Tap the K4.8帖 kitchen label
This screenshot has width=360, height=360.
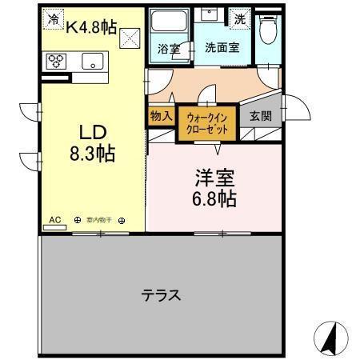(91, 27)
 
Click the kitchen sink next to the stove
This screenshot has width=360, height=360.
(92, 61)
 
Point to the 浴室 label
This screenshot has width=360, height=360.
(169, 48)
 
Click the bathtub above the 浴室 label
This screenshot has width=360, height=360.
(169, 22)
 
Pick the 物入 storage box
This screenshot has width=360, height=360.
(161, 116)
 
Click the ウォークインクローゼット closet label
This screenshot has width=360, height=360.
(206, 123)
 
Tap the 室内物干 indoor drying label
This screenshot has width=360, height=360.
(101, 218)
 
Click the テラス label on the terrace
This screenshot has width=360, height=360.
(161, 295)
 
